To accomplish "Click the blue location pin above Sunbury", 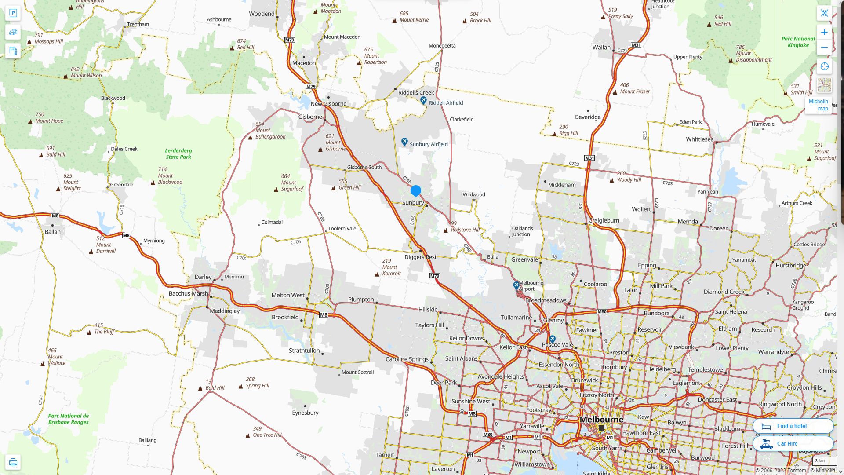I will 415,190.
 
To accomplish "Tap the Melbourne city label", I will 601,419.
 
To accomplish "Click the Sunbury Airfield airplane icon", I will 404,142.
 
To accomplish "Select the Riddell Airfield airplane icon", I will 423,101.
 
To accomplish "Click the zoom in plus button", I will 824,32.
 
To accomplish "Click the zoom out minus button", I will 824,47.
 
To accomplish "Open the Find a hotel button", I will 793,426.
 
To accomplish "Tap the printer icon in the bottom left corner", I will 13,462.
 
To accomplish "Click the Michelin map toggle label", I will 818,105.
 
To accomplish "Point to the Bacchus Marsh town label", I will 188,293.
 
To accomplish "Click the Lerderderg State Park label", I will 178,153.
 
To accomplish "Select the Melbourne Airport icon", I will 517,285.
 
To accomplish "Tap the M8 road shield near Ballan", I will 55,216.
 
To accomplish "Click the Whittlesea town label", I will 699,139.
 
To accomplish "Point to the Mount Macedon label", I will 342,37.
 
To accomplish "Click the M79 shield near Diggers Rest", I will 434,276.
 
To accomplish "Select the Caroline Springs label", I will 407,359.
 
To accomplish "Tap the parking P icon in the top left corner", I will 13,13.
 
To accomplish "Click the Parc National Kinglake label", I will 798,42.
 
